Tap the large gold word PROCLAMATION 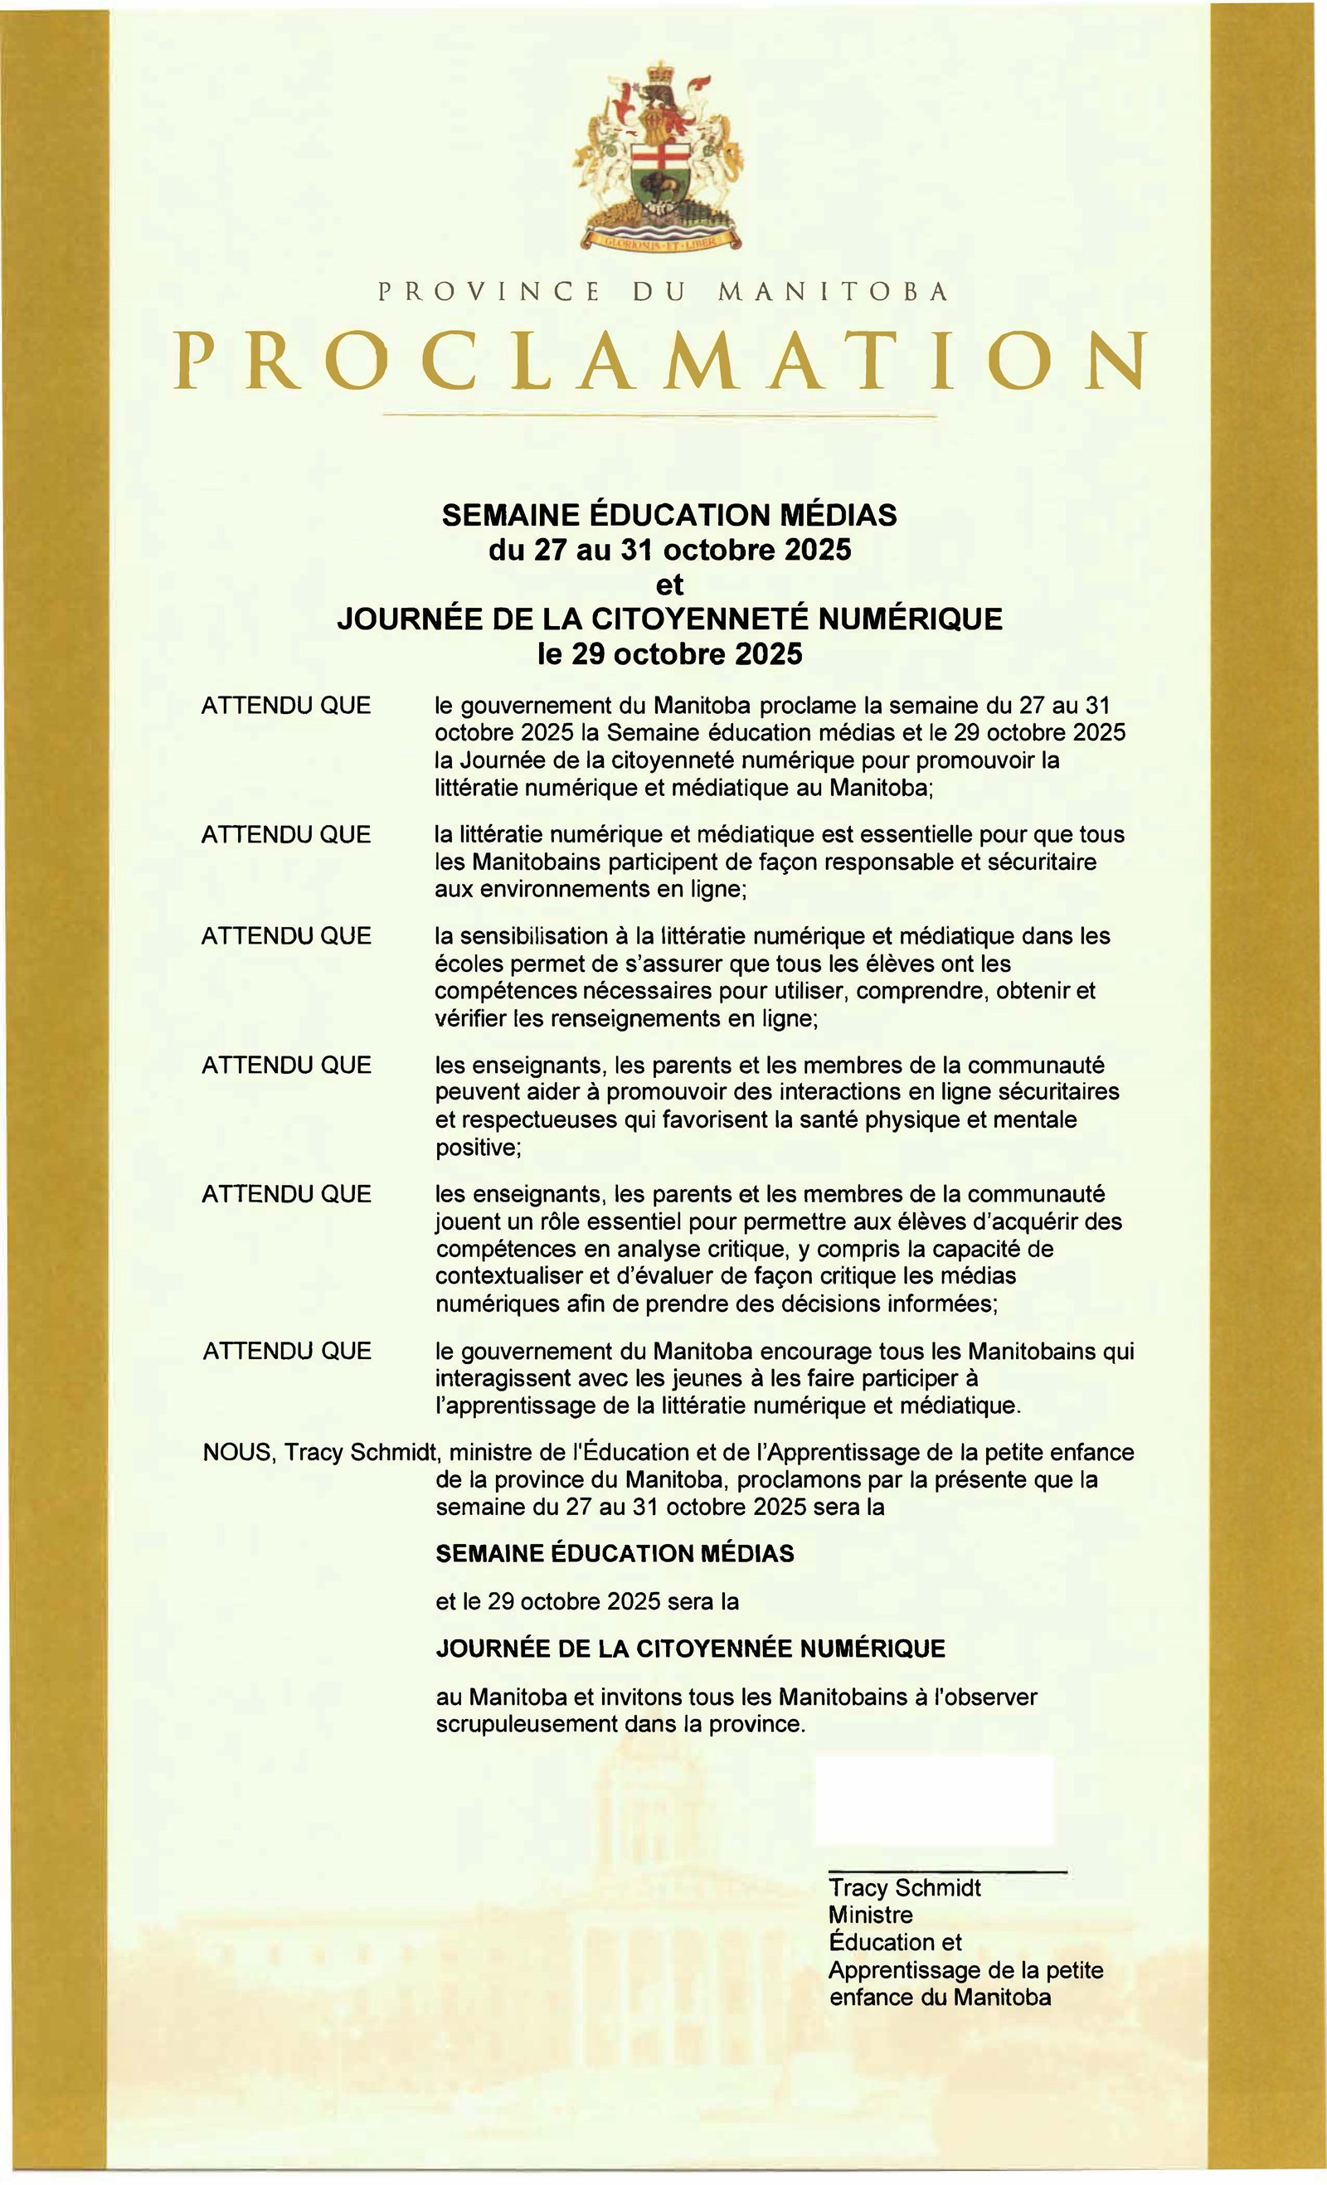coord(661,361)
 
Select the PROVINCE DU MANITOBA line coord(663,291)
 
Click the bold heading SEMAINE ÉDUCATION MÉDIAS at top coord(668,514)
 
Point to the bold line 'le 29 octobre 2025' coord(668,653)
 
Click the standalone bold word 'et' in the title coord(668,585)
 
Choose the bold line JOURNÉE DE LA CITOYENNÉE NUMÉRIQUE coord(690,1648)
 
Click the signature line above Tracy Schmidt coord(946,1872)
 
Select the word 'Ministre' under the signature coord(869,1915)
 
